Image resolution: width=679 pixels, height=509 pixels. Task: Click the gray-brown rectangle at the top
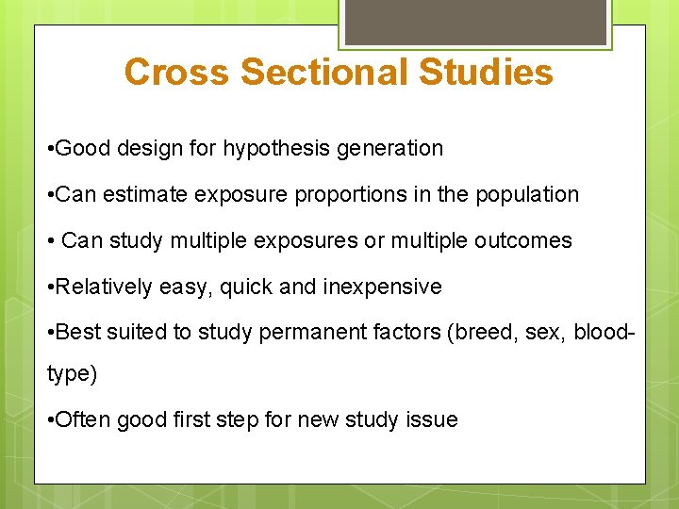[474, 21]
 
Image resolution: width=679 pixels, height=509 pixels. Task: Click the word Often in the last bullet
[83, 419]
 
